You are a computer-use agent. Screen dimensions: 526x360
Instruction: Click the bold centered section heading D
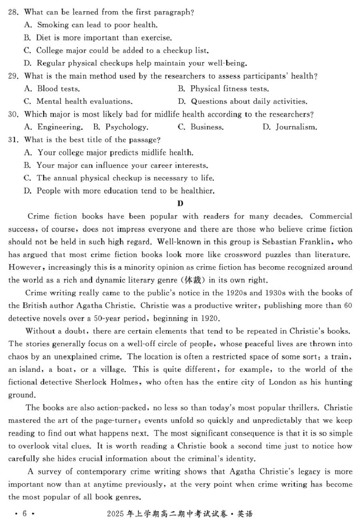pyautogui.click(x=180, y=203)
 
